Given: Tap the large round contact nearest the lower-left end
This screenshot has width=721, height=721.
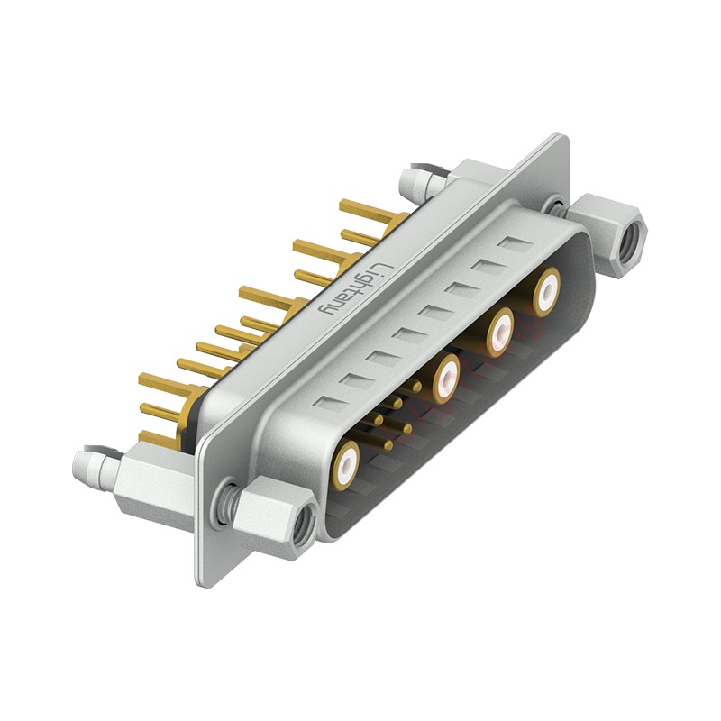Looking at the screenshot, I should (347, 464).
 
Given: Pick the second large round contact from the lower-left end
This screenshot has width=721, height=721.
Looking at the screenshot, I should (446, 379).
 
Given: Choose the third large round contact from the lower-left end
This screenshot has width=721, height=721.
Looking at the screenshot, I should (498, 334).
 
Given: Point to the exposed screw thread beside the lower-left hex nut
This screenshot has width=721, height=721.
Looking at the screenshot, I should (228, 501).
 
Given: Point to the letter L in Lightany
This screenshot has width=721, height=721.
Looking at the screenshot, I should (384, 267).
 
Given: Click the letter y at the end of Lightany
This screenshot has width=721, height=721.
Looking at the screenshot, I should (333, 310).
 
